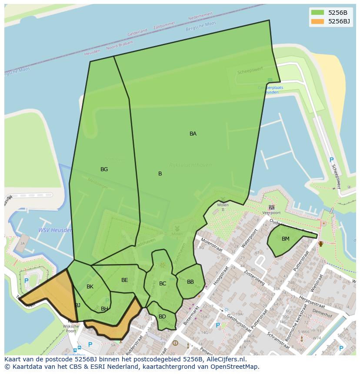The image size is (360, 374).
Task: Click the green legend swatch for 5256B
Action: [317, 13]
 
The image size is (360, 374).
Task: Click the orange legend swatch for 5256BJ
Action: [317, 21]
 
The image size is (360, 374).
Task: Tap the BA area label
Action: [193, 134]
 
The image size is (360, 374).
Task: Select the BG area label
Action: [104, 169]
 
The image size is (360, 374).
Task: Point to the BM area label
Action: [286, 239]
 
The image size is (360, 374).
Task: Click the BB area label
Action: [190, 282]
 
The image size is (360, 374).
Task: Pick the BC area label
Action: [163, 284]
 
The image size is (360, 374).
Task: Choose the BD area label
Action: [162, 317]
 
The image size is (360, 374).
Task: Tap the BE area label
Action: [125, 280]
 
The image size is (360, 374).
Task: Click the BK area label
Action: [90, 287]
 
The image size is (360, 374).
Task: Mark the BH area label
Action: [104, 309]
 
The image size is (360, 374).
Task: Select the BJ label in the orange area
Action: [77, 305]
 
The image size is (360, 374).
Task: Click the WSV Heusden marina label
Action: [55, 230]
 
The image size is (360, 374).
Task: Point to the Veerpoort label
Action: [271, 213]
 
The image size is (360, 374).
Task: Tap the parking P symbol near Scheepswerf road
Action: [331, 160]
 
